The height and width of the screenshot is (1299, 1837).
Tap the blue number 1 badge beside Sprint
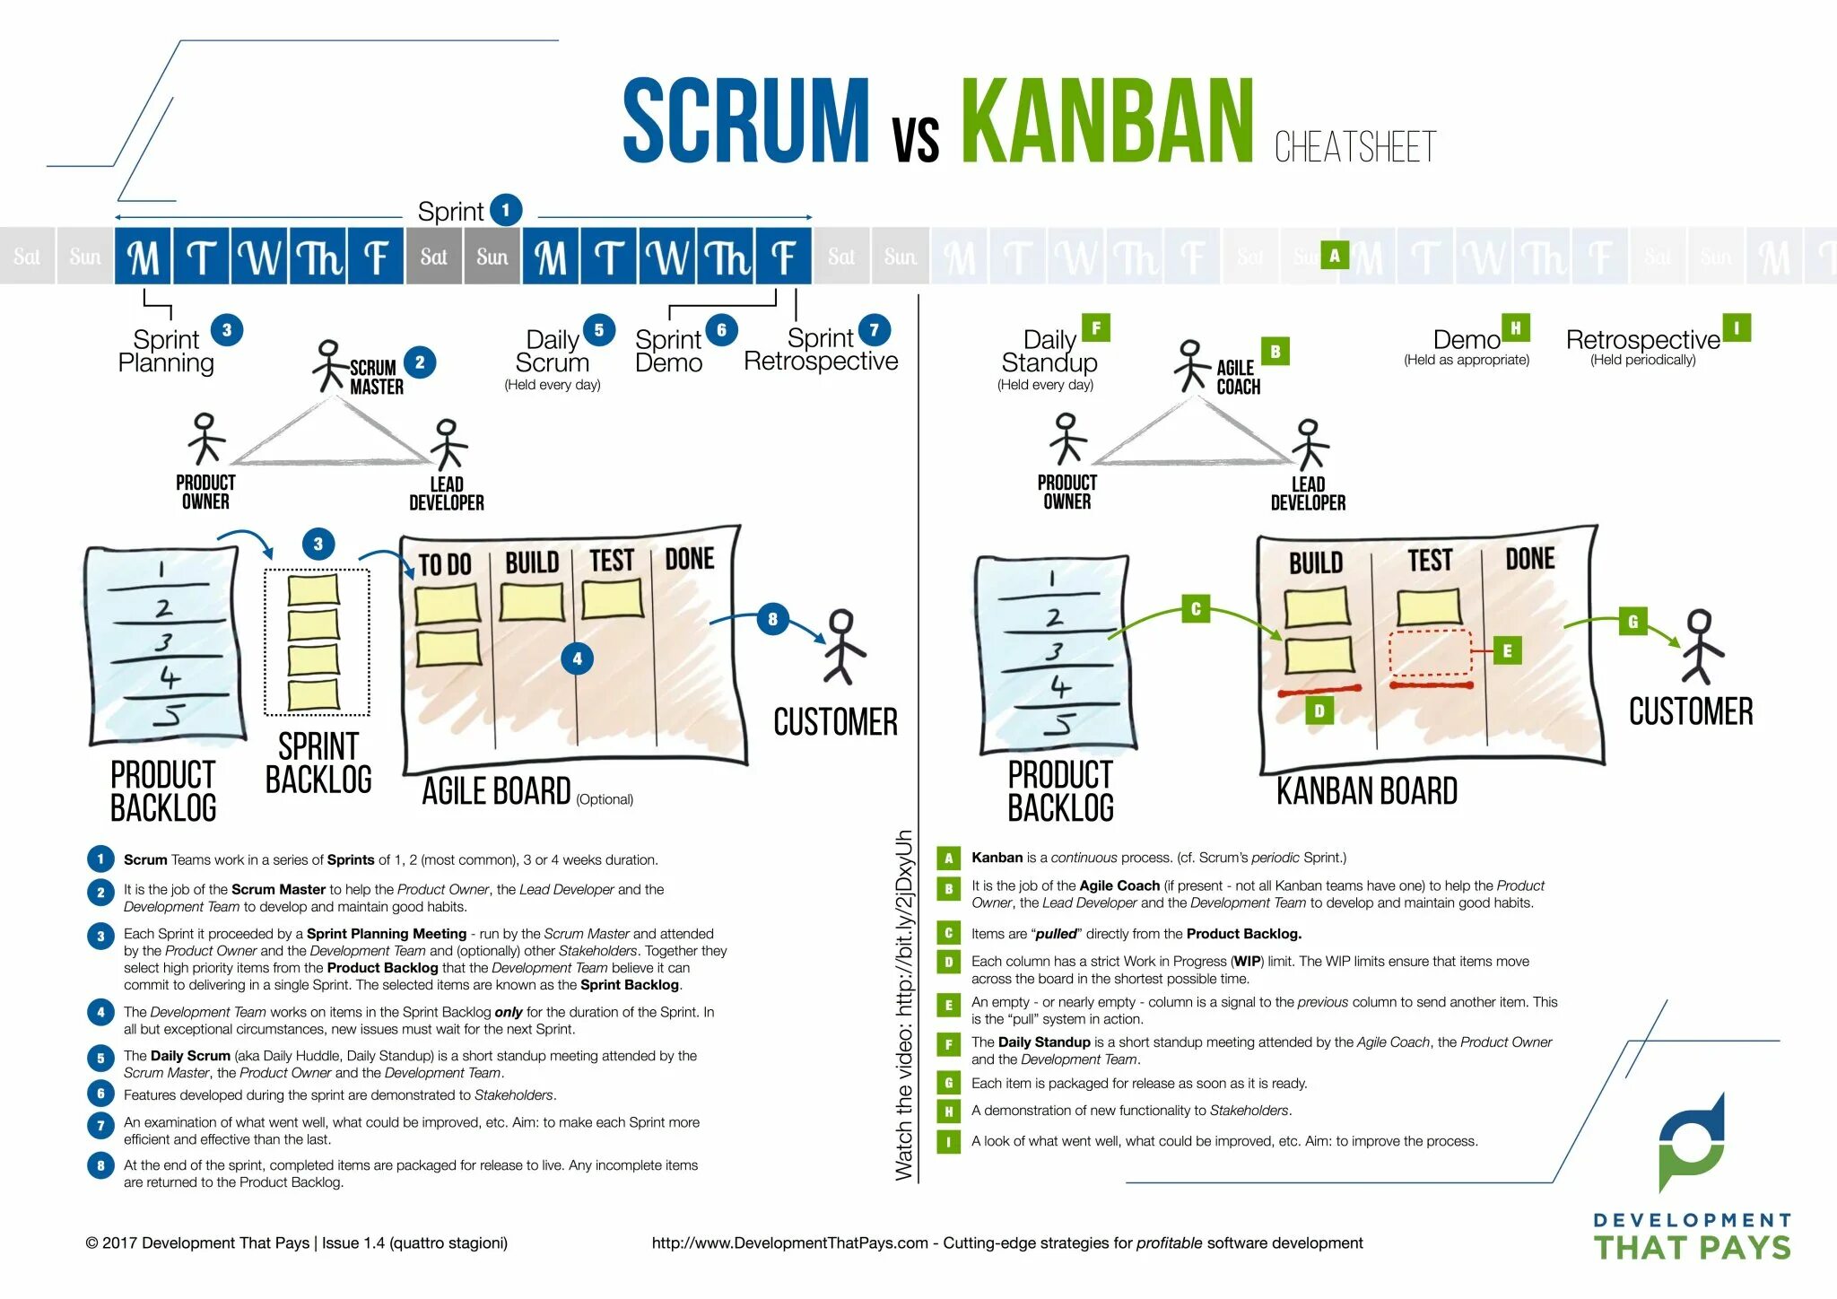pyautogui.click(x=506, y=211)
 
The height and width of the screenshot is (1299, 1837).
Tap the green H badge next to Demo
pyautogui.click(x=1515, y=328)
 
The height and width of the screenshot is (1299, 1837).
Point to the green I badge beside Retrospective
pyautogui.click(x=1737, y=328)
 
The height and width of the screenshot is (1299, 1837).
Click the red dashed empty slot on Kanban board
pyautogui.click(x=1430, y=652)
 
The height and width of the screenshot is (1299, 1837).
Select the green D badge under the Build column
pyautogui.click(x=1319, y=711)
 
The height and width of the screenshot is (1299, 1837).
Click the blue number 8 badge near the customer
pyautogui.click(x=772, y=619)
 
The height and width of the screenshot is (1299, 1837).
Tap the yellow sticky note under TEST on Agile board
pyautogui.click(x=613, y=598)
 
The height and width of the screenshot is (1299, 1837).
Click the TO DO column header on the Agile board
pyautogui.click(x=445, y=564)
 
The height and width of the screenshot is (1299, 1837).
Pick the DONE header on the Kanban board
pyautogui.click(x=1529, y=559)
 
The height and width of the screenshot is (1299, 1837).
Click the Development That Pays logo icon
pyautogui.click(x=1691, y=1141)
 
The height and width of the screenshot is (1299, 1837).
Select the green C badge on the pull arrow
pyautogui.click(x=1195, y=609)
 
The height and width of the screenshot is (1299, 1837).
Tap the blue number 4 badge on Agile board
pyautogui.click(x=577, y=658)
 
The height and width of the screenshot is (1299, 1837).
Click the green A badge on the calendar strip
pyautogui.click(x=1335, y=256)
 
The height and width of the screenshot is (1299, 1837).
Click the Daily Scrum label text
pyautogui.click(x=553, y=352)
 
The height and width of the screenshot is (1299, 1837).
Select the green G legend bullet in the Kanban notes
pyautogui.click(x=948, y=1084)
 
